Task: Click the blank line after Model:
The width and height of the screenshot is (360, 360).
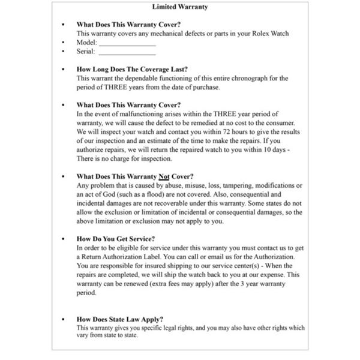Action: (x=127, y=43)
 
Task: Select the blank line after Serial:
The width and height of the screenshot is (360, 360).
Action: (x=127, y=52)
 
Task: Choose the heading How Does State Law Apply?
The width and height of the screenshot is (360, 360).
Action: (x=120, y=319)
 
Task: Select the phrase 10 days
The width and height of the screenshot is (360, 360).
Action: (x=275, y=149)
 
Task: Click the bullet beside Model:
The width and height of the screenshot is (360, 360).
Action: (x=64, y=43)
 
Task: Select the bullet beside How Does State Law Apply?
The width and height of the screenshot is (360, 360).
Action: (x=64, y=319)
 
